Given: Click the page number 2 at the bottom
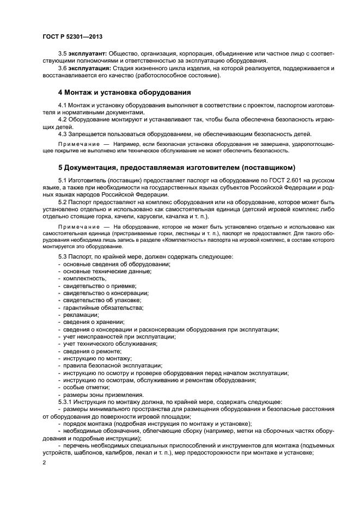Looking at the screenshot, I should coord(44,462).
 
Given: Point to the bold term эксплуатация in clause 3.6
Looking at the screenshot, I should coord(89,68).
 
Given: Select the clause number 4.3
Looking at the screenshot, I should coord(63,134).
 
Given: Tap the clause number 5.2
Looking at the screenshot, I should coord(63,201).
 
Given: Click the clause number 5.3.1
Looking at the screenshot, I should coord(65,402).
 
